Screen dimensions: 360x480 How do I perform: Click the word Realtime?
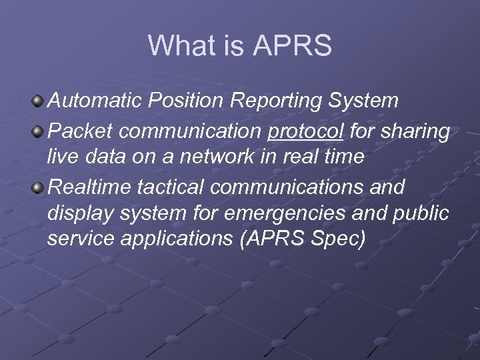(x=89, y=187)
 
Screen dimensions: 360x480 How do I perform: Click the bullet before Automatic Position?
(x=39, y=101)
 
